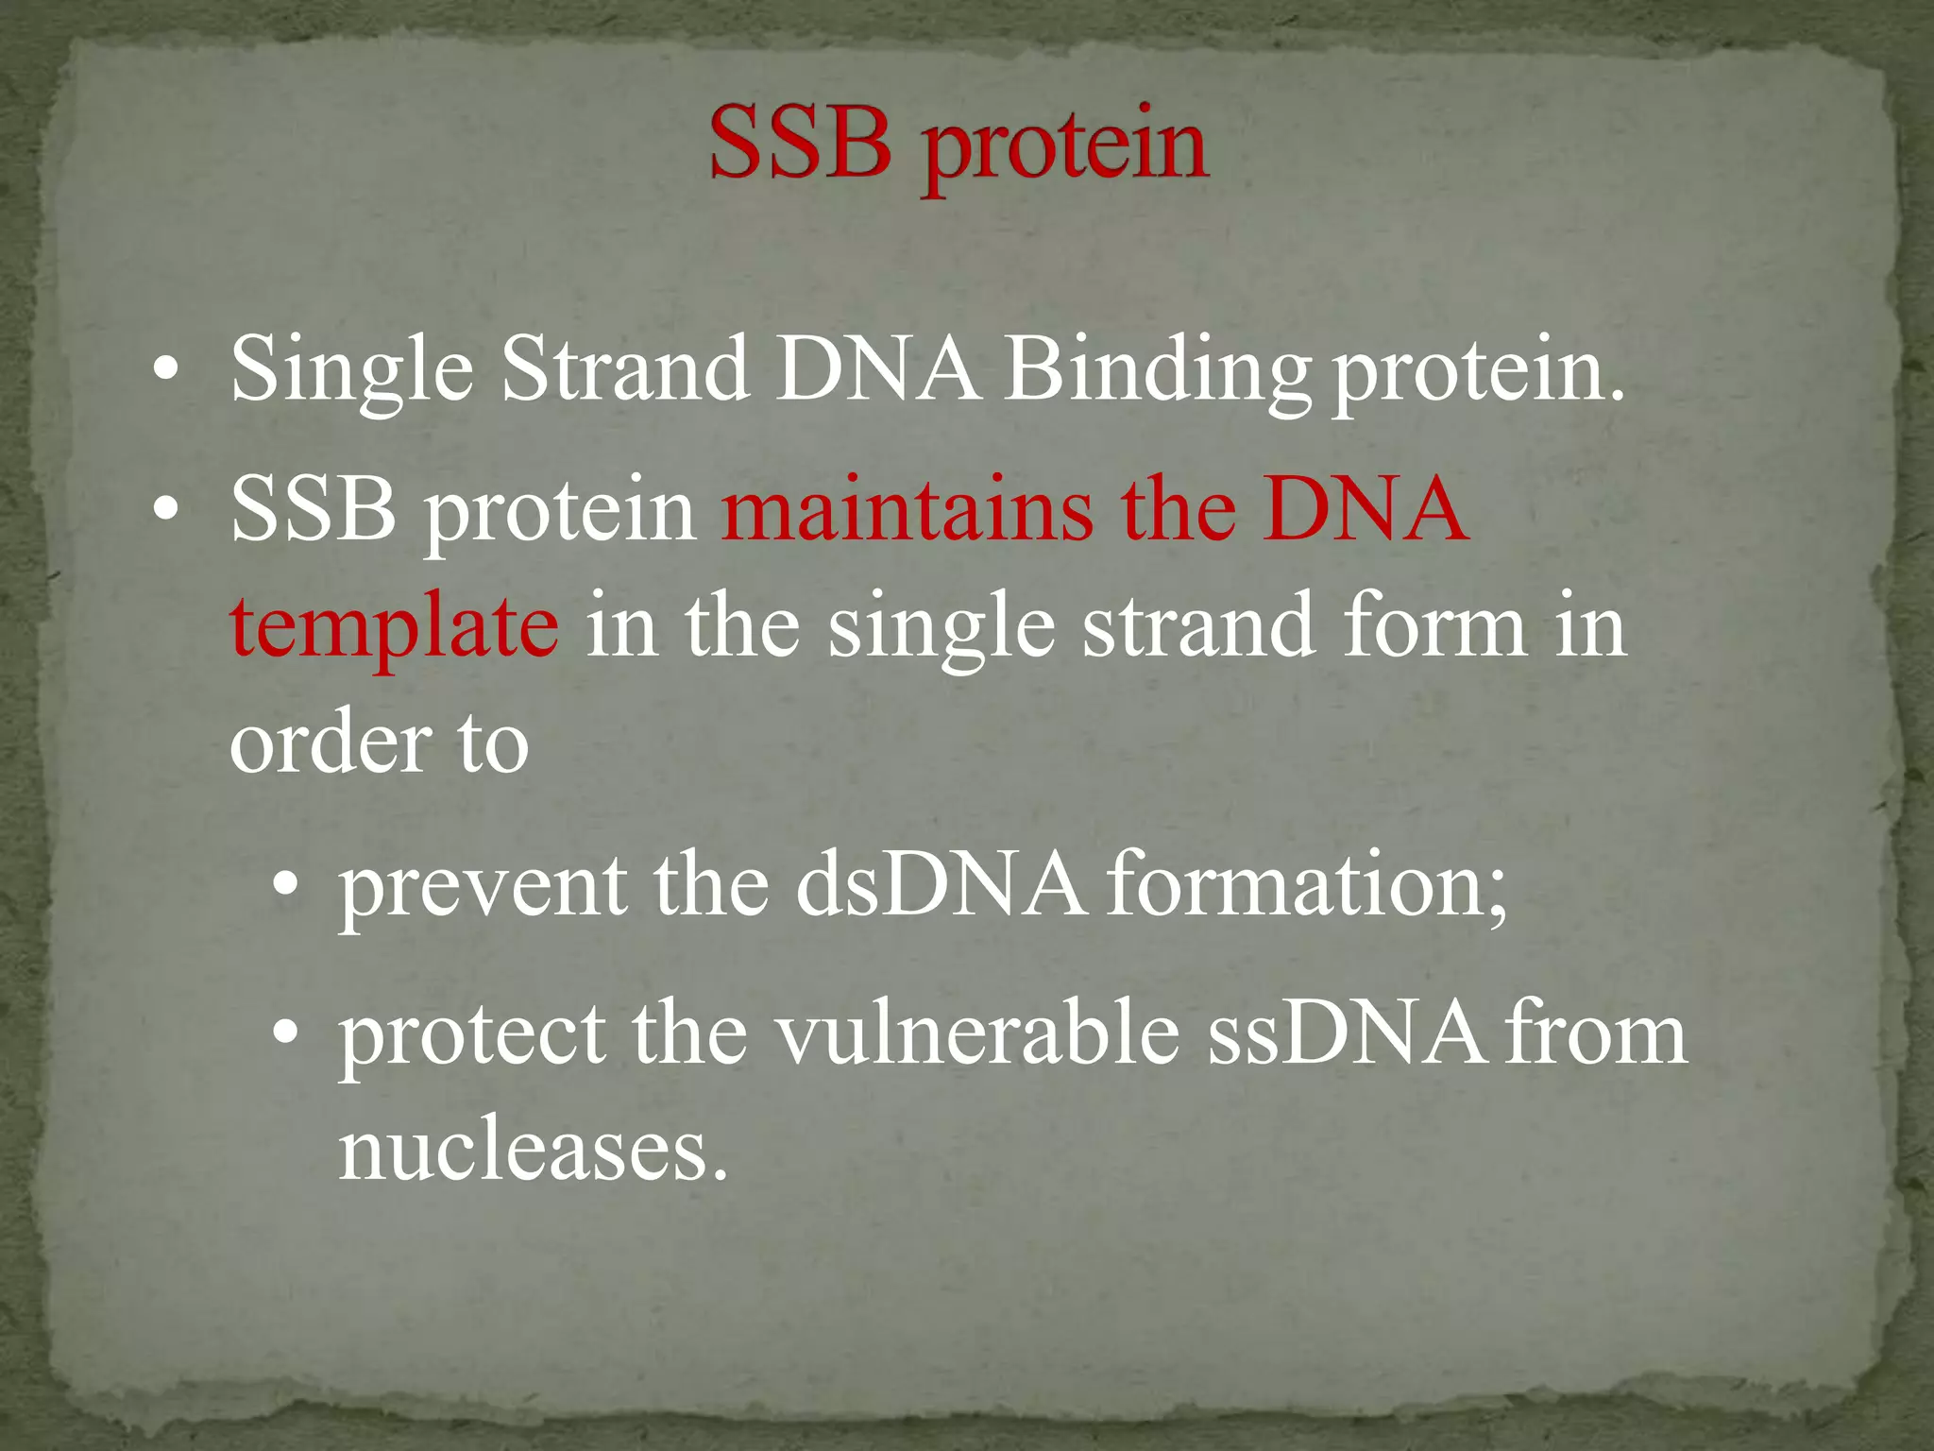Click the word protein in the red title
pyautogui.click(x=1065, y=148)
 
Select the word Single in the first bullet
pyautogui.click(x=351, y=370)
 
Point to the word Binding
pyautogui.click(x=1157, y=370)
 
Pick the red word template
pyautogui.click(x=394, y=629)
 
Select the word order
pyautogui.click(x=330, y=743)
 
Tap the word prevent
pyautogui.click(x=483, y=886)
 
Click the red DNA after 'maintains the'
pyautogui.click(x=1366, y=509)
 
